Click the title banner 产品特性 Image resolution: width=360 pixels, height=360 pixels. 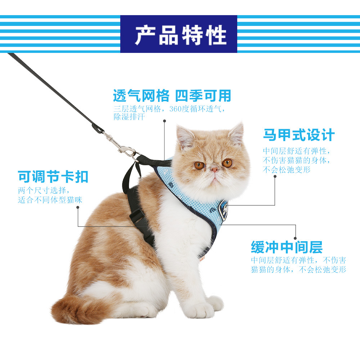[179, 34]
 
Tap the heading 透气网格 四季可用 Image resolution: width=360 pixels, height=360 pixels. [172, 95]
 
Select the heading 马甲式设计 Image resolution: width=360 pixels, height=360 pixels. [299, 135]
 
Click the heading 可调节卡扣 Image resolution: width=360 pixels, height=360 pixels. [53, 176]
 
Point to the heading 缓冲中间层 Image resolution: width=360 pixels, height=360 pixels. [287, 247]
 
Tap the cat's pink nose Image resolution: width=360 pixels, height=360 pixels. [214, 170]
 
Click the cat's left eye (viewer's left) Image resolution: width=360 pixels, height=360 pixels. [199, 165]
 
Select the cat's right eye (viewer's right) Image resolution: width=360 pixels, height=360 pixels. [227, 163]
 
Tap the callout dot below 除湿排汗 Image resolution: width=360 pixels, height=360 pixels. [165, 121]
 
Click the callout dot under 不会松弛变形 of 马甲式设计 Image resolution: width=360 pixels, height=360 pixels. [275, 176]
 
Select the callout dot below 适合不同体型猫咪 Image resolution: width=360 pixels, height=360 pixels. [78, 207]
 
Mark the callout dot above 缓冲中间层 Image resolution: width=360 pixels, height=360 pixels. [295, 238]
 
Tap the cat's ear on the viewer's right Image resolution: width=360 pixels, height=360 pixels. [237, 134]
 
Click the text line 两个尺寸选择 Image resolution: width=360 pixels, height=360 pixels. [44, 190]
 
